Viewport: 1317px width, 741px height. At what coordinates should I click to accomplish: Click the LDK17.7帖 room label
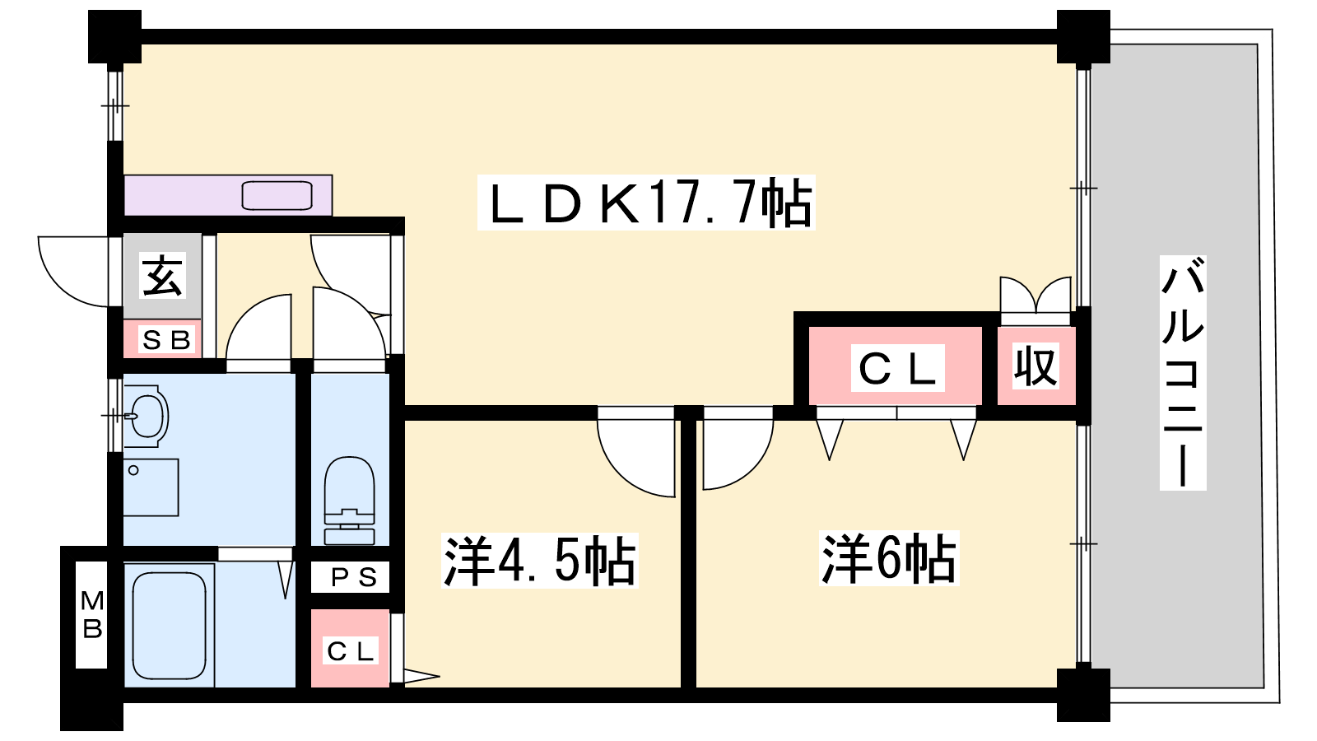pyautogui.click(x=646, y=203)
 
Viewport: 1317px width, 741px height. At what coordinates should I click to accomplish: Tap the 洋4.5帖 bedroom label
pyautogui.click(x=540, y=562)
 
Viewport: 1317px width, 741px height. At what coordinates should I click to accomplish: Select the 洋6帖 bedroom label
pyautogui.click(x=890, y=559)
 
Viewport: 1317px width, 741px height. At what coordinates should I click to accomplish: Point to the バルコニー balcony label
pyautogui.click(x=1183, y=372)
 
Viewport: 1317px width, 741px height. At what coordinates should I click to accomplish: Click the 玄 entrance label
pyautogui.click(x=162, y=275)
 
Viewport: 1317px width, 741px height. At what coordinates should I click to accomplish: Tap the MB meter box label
pyautogui.click(x=92, y=615)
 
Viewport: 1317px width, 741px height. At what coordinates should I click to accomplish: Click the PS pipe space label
pyautogui.click(x=353, y=578)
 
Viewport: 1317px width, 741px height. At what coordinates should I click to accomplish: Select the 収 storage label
pyautogui.click(x=1035, y=366)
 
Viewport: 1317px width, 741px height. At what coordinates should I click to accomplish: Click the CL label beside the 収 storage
pyautogui.click(x=896, y=368)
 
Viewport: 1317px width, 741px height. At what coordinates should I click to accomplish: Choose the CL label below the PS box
pyautogui.click(x=351, y=651)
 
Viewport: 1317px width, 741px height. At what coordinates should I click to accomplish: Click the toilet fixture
pyautogui.click(x=350, y=498)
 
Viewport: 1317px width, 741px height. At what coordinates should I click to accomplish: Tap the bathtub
pyautogui.click(x=170, y=624)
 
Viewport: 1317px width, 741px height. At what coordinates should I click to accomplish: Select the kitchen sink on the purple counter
pyautogui.click(x=277, y=196)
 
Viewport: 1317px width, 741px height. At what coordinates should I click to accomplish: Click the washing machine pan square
pyautogui.click(x=151, y=487)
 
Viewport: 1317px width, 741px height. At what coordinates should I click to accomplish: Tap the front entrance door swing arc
pyautogui.click(x=72, y=271)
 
